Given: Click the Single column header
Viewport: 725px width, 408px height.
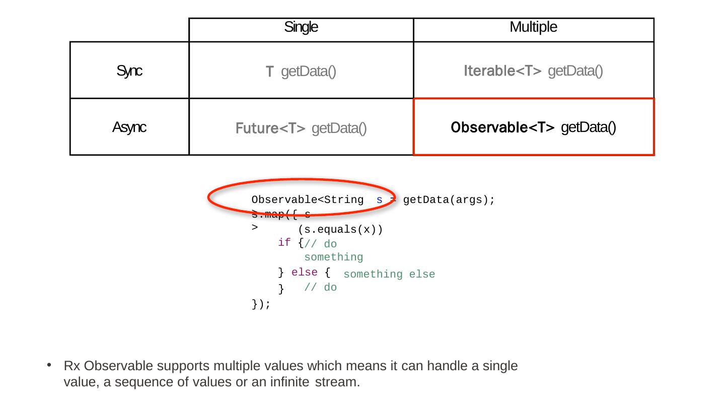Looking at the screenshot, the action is tap(301, 27).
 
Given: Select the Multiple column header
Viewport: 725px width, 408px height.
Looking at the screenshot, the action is tap(533, 27).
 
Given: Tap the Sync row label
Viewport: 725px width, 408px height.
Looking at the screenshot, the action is tap(129, 72).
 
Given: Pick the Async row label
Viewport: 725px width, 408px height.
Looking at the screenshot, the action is tap(129, 127).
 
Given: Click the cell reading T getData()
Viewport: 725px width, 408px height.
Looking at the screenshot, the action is tap(301, 72).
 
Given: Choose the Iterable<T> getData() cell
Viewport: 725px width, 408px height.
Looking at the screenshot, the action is tap(533, 72).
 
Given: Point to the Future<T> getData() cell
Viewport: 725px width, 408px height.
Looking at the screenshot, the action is tap(301, 129).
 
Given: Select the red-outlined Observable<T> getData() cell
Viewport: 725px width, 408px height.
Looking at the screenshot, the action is tap(534, 127).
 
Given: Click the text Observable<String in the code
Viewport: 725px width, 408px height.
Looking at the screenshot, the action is tap(308, 200).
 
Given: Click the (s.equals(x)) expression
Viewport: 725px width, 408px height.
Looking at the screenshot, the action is tap(340, 230).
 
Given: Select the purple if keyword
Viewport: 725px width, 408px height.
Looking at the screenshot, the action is tap(284, 243).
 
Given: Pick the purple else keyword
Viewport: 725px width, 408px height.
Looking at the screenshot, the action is tap(305, 273).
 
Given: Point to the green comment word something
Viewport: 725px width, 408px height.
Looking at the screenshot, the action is tap(333, 257).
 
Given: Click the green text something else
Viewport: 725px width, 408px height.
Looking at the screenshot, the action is tap(389, 274).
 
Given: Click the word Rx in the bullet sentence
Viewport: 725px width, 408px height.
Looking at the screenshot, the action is tap(70, 366).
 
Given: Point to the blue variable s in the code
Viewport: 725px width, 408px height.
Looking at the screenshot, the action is tap(379, 200).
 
